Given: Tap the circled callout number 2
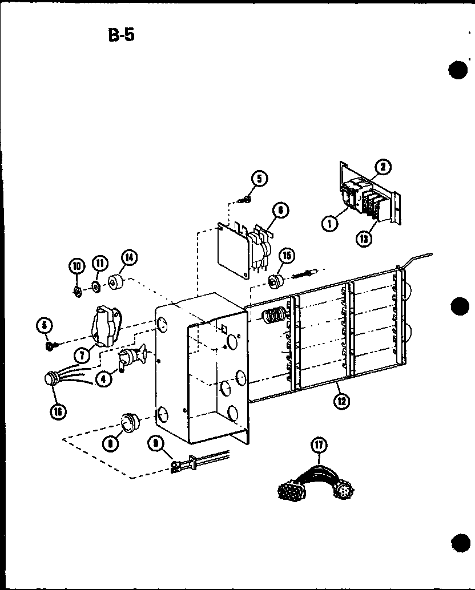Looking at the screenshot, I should click(x=383, y=167).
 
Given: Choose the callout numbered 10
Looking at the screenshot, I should click(x=77, y=264).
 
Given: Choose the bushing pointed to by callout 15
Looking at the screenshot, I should click(x=276, y=280).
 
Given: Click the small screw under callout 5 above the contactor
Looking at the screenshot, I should click(x=246, y=199).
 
